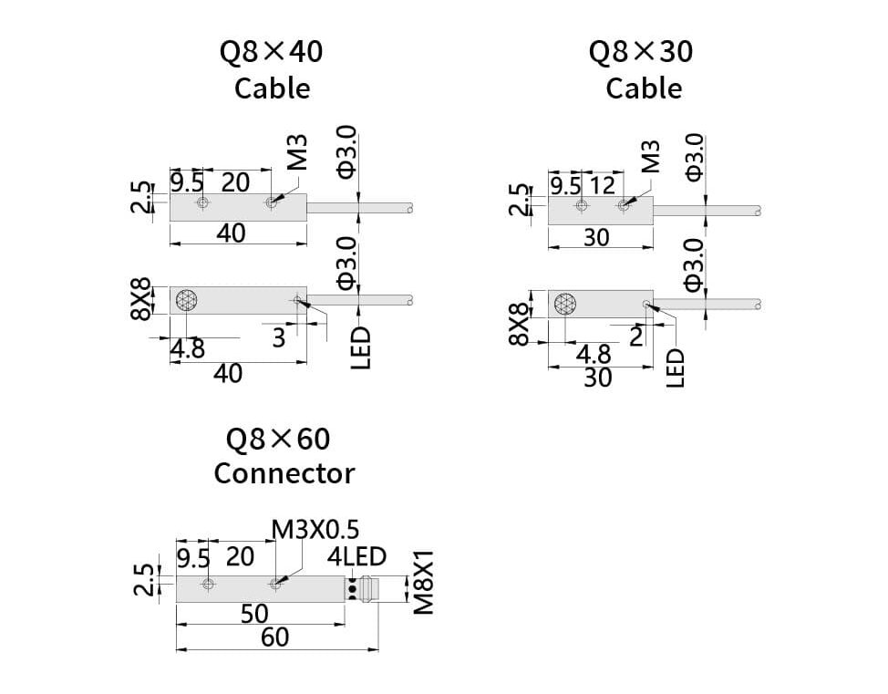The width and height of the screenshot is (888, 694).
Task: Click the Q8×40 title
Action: [271, 52]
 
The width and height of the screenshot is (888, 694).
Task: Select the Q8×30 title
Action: [641, 52]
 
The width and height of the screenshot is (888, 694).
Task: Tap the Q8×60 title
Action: [278, 440]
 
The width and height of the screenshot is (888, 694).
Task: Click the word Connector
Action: [284, 473]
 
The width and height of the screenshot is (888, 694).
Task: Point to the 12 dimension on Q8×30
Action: [601, 186]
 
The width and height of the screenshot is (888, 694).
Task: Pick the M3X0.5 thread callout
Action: [315, 529]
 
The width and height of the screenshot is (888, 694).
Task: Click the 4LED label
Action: [356, 556]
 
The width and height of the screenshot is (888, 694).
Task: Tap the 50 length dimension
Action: [254, 614]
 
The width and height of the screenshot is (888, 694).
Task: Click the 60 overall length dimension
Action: [274, 637]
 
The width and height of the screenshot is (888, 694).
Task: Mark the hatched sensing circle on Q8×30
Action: [564, 304]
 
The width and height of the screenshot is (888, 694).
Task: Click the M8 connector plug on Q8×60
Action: [367, 589]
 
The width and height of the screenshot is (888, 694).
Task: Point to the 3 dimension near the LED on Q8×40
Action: [279, 338]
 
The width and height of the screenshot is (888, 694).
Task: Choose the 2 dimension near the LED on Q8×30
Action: [635, 337]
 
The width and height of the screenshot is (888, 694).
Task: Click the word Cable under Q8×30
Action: [643, 88]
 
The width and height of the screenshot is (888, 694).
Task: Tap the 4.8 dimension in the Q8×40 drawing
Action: [188, 349]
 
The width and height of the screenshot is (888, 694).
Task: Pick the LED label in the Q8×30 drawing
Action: [676, 368]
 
